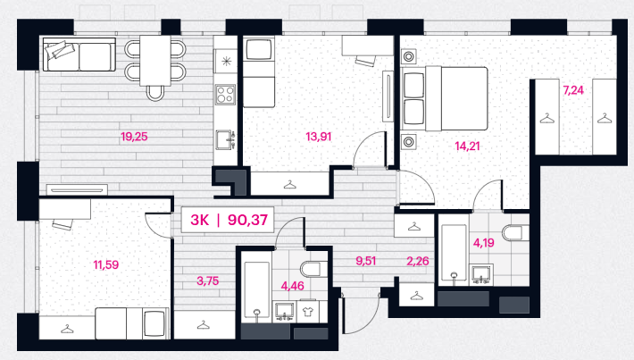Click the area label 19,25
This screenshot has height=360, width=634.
134,137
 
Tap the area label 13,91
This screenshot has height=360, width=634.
319,137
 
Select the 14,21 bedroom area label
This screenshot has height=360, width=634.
467,146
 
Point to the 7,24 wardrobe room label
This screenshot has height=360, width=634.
573,90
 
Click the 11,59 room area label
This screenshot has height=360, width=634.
106,265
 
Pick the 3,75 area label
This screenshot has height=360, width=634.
208,280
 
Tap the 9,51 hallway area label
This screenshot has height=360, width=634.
365,262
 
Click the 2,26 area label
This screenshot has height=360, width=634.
418,262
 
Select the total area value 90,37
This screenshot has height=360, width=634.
247,220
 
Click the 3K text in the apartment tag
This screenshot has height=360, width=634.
200,220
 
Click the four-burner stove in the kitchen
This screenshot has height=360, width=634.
225,95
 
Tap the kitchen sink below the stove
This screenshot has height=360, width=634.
225,139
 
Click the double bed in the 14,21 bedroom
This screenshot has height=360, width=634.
445,98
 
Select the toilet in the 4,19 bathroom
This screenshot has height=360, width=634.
515,232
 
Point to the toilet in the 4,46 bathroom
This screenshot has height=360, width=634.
313,269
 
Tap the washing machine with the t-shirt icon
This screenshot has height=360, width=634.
307,312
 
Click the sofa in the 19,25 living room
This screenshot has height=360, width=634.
79,54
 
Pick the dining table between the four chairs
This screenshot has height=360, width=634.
155,61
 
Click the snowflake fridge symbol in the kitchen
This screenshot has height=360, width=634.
226,62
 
